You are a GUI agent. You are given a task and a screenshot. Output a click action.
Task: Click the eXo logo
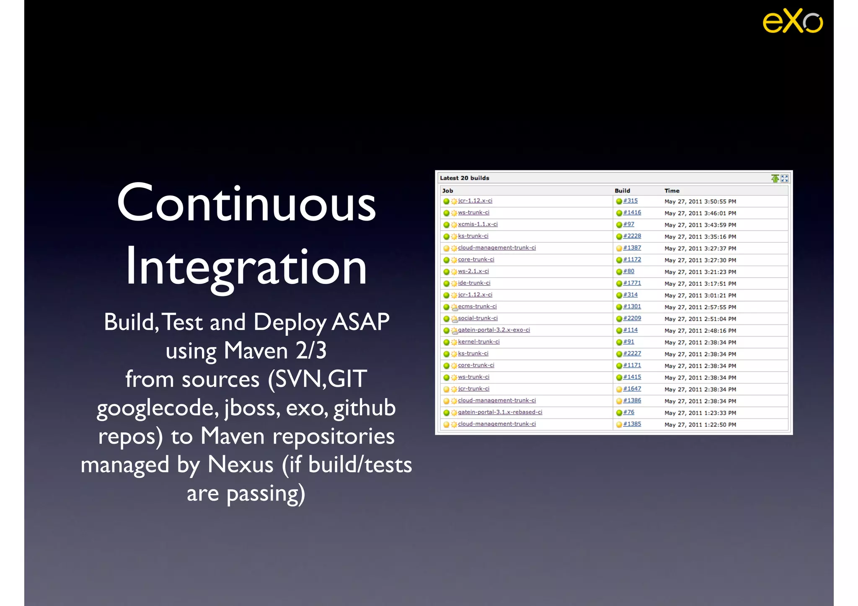(x=792, y=21)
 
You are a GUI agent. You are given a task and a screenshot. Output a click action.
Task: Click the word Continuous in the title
(x=246, y=203)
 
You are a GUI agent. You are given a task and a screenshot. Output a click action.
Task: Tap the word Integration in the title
(x=246, y=267)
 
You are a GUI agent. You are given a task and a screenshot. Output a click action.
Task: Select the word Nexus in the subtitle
(x=240, y=465)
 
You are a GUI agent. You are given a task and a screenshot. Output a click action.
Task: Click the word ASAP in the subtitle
(x=360, y=322)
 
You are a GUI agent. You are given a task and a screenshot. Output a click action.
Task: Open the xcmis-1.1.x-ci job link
(x=478, y=224)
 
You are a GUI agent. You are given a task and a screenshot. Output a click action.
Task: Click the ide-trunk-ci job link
(x=474, y=283)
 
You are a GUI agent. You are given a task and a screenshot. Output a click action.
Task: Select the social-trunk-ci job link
(x=478, y=318)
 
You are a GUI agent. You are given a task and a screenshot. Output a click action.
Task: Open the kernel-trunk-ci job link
(x=478, y=342)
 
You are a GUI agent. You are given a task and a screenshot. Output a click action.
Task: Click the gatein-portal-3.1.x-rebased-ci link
(x=500, y=412)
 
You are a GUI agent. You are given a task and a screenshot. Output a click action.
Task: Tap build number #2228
(x=632, y=236)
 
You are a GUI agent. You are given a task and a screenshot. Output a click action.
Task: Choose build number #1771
(x=632, y=283)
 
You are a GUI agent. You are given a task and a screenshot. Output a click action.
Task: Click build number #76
(x=628, y=412)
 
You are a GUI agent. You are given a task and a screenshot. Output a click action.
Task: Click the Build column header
(x=622, y=190)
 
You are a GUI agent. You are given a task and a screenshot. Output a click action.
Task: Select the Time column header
(x=672, y=190)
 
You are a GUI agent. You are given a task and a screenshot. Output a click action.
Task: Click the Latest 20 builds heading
(x=464, y=178)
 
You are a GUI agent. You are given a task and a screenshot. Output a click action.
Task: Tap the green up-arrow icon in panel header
(x=775, y=179)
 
